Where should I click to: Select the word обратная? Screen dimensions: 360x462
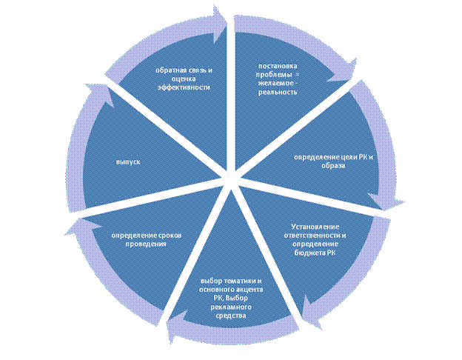[x=170, y=70]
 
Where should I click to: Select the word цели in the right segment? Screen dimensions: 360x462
[x=340, y=156]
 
